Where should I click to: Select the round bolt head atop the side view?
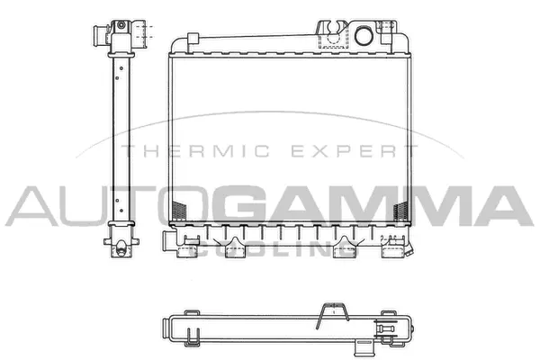119,26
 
